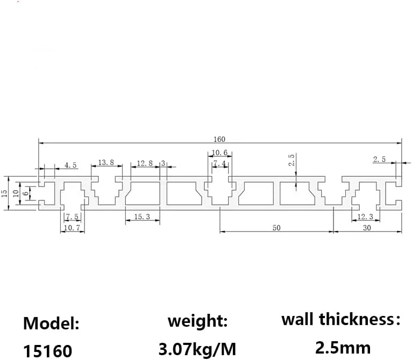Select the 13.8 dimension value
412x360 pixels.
coord(106,162)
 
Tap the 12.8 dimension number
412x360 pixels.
coord(145,163)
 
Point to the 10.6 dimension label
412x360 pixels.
coord(219,153)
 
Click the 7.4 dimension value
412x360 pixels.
coord(219,163)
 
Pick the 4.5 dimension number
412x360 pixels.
coord(71,165)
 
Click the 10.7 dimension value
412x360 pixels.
coord(72,228)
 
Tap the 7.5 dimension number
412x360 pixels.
coord(72,217)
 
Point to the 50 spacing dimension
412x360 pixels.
coord(276,228)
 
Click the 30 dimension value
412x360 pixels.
coord(367,228)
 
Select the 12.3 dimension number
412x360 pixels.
coord(364,217)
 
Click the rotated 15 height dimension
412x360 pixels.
coord(5,193)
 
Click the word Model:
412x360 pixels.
coord(51,324)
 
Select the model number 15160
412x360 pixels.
coord(47,351)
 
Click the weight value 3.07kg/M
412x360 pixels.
coord(197,349)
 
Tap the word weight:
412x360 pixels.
coord(197,322)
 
